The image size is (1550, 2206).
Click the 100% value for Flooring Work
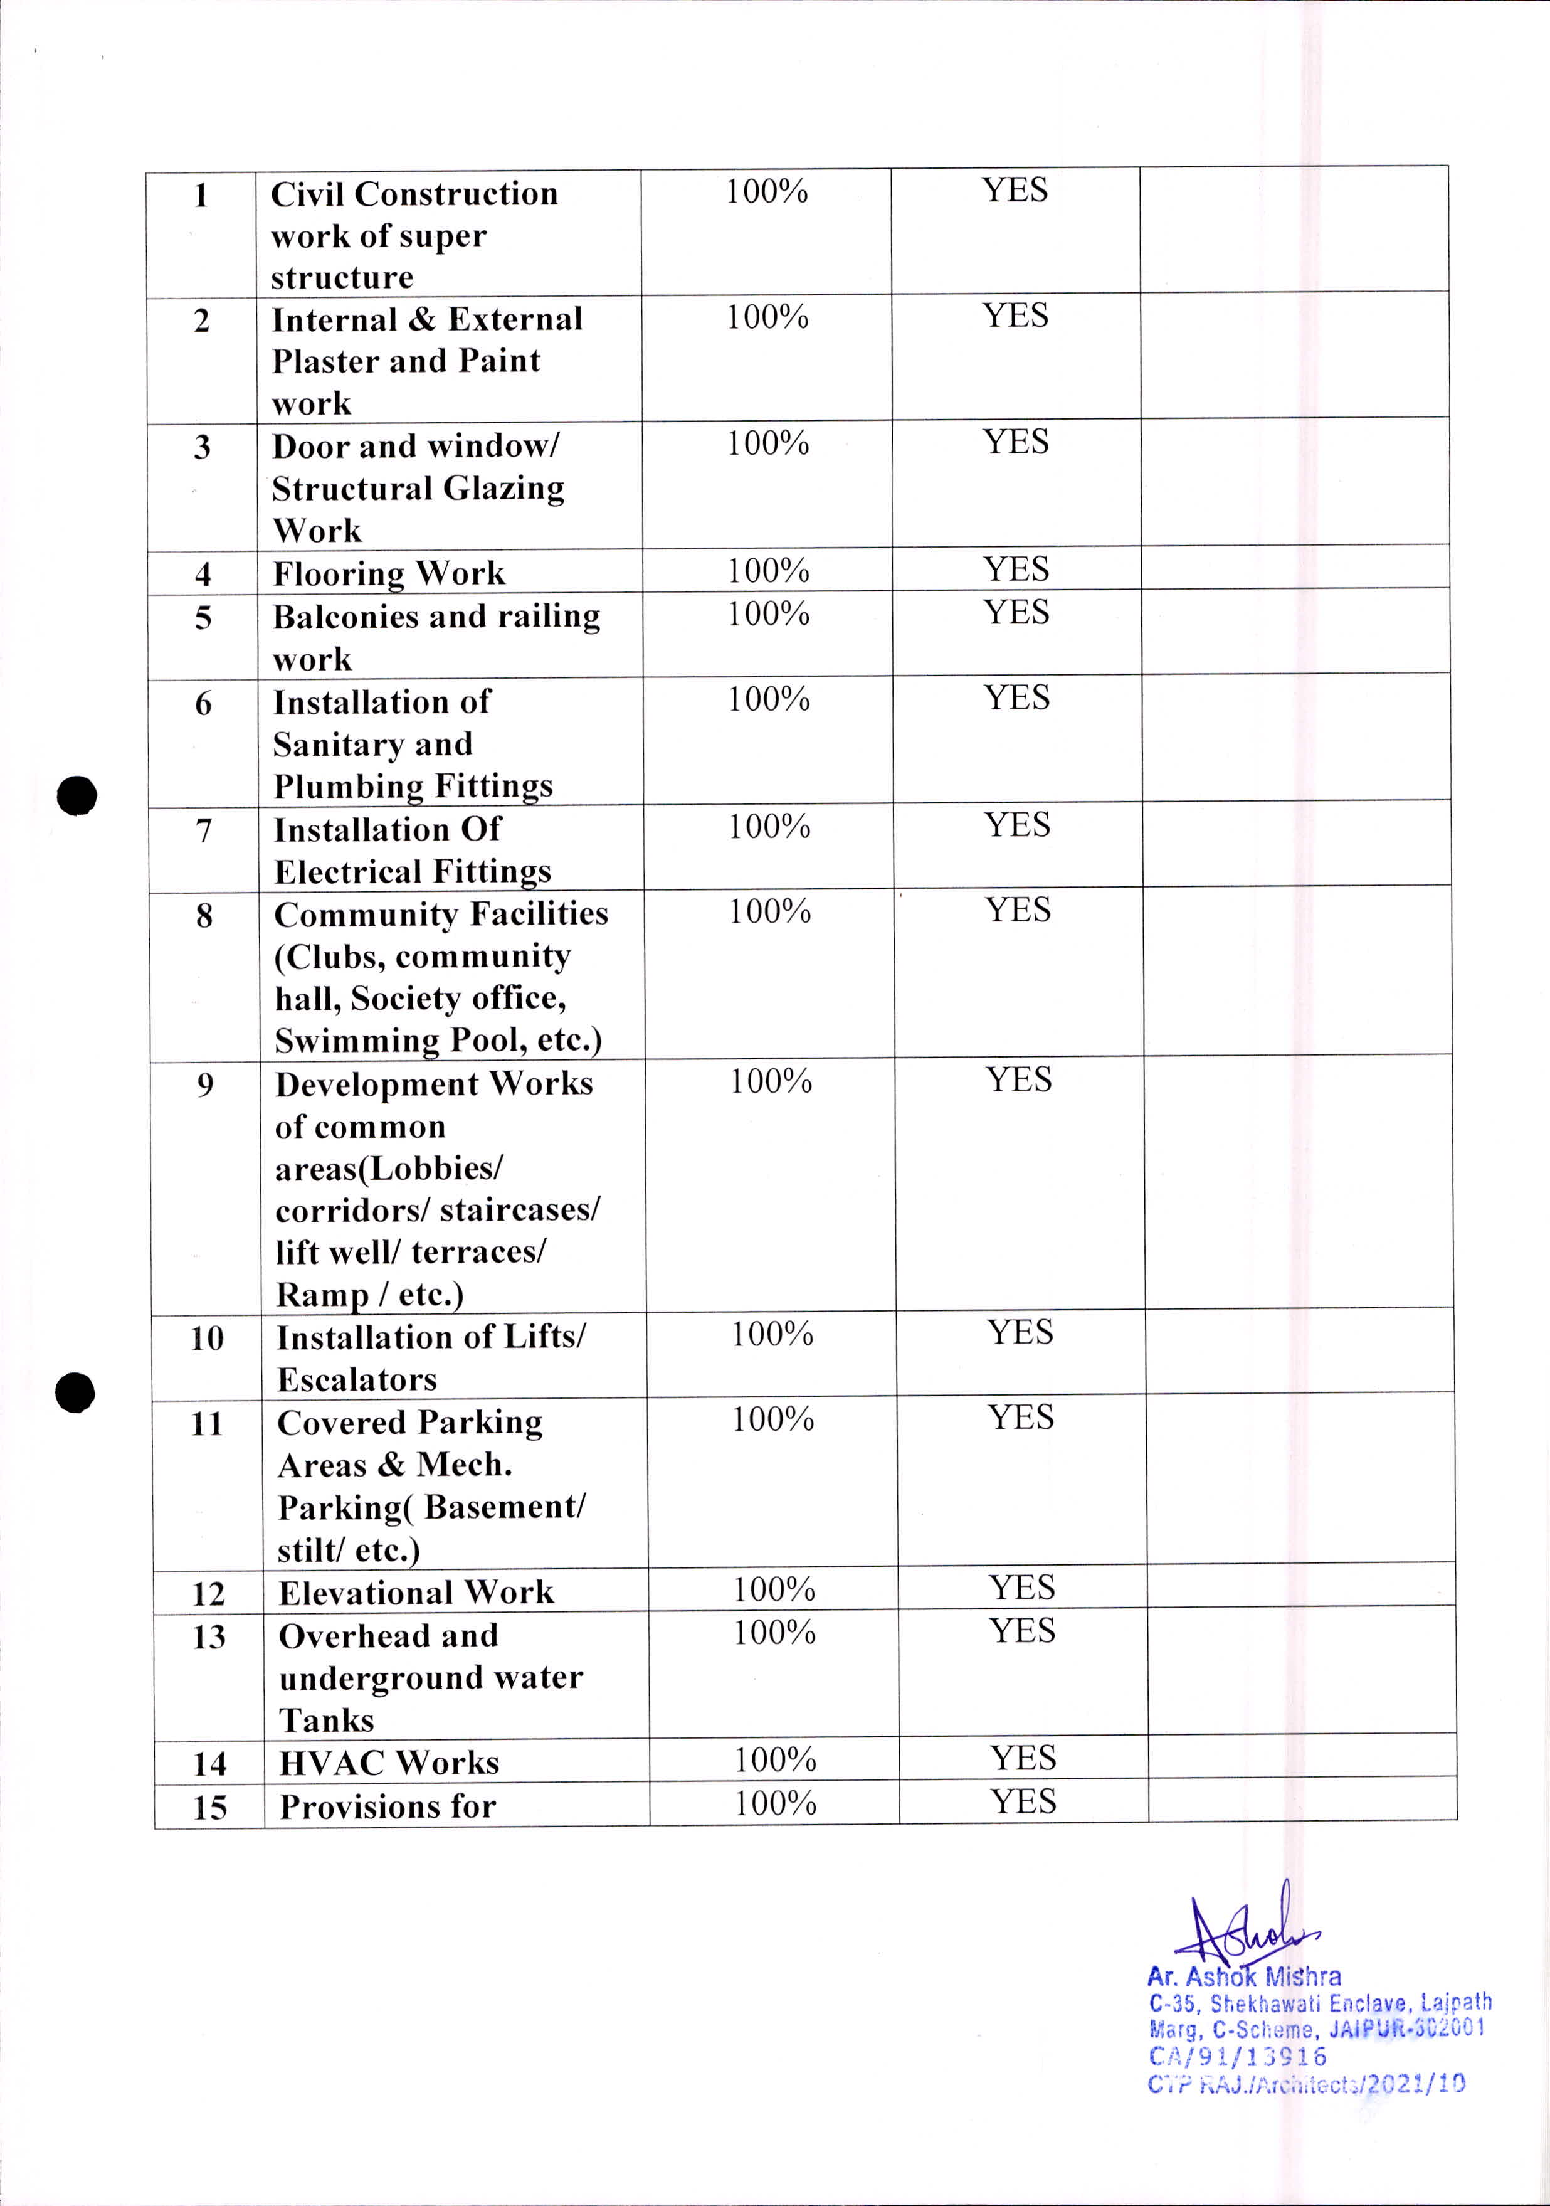768,571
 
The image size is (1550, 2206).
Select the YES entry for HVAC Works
1024,1758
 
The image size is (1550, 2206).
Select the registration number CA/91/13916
1237,2056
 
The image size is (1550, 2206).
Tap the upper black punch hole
77,795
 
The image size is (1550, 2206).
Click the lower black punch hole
75,1393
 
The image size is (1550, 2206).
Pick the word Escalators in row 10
357,1380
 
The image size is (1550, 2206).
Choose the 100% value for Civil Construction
766,192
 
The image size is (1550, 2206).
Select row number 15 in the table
209,1807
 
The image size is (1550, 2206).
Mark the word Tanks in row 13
327,1720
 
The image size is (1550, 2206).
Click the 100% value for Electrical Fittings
769,826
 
